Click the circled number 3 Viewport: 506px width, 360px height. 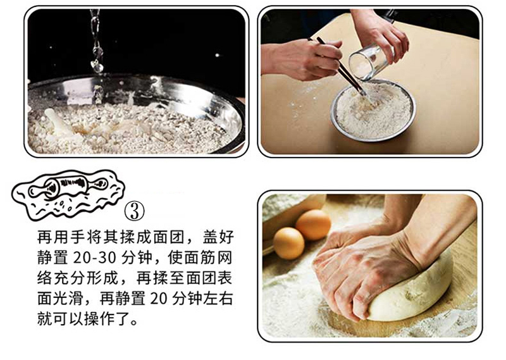134,211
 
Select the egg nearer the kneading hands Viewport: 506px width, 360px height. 289,243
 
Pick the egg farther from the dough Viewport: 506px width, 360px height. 313,225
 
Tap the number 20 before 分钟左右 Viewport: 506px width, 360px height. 157,299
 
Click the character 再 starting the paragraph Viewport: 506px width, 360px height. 44,237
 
